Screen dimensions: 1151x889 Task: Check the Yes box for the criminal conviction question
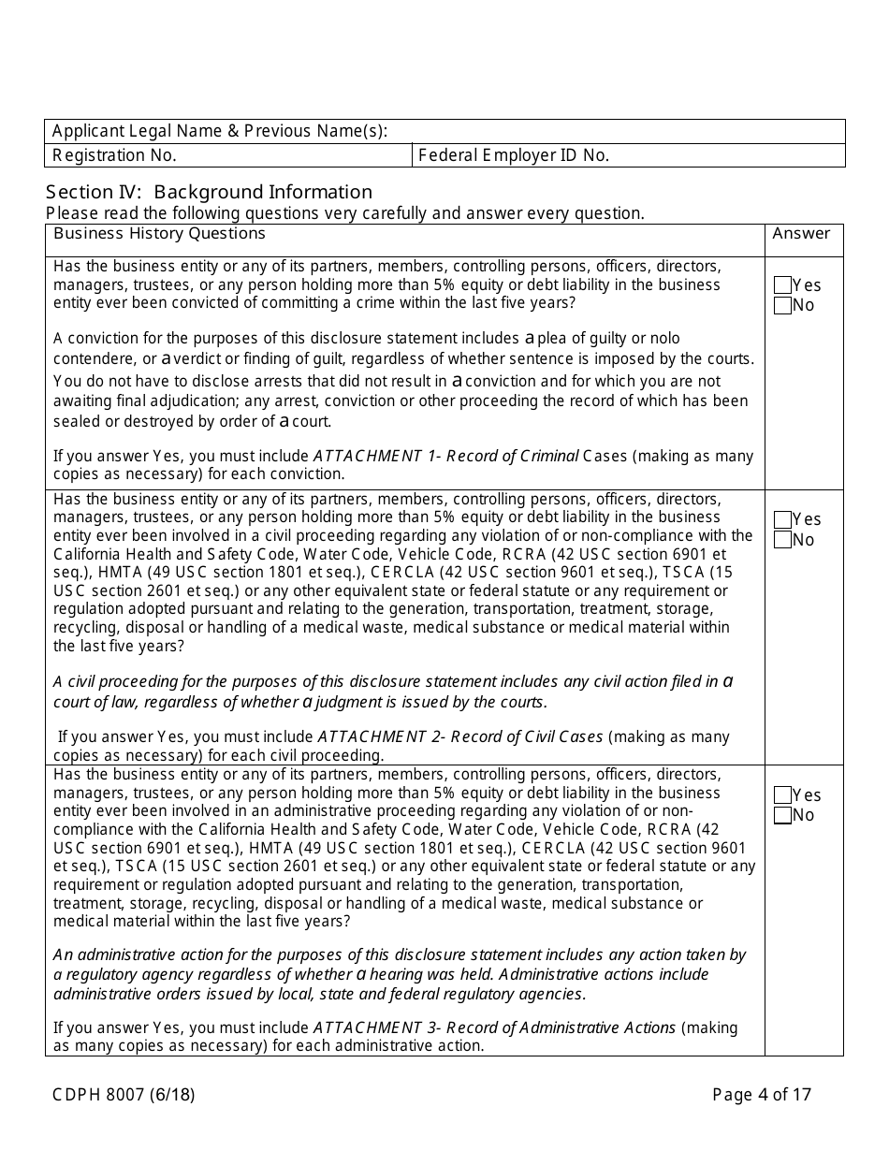tap(782, 285)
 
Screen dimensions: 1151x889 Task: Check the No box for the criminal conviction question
tap(782, 306)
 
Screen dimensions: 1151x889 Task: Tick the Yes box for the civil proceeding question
tap(782, 519)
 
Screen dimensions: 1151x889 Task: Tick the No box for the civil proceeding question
tap(782, 540)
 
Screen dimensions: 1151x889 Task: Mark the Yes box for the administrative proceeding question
tap(782, 795)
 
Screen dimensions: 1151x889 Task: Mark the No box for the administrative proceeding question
tap(782, 816)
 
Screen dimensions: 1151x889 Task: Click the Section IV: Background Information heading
tap(209, 192)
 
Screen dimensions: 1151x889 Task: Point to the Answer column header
tap(801, 234)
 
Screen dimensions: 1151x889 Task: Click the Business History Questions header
tap(159, 234)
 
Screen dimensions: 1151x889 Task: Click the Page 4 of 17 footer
tap(762, 1094)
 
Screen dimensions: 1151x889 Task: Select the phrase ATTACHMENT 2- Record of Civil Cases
tap(460, 736)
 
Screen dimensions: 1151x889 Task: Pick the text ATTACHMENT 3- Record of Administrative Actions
tap(495, 1027)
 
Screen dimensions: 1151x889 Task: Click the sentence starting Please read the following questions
tap(344, 213)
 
